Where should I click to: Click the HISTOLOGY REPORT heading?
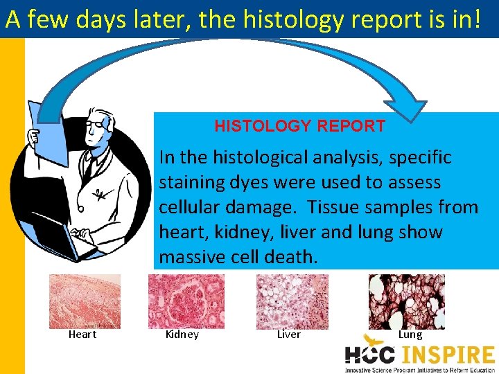[299, 126]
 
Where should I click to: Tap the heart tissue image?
[85, 301]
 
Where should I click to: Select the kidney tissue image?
[186, 301]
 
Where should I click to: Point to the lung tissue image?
[406, 301]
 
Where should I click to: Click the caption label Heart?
[82, 335]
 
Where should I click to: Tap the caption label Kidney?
[182, 335]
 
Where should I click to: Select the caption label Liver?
[288, 335]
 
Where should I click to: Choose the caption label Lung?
[410, 335]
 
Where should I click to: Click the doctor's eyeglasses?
[96, 124]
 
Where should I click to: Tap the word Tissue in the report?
[333, 207]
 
